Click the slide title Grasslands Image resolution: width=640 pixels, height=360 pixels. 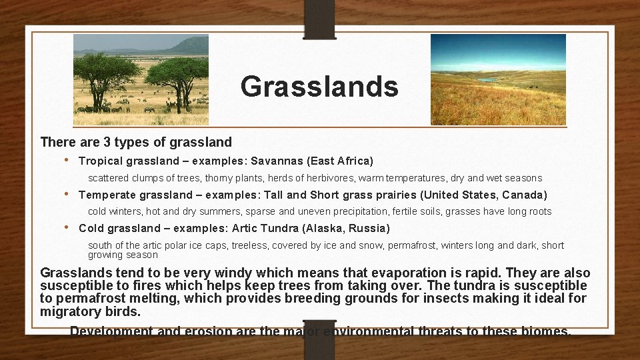[319, 86]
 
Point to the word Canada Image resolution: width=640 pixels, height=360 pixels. [523, 195]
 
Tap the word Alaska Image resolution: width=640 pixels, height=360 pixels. [322, 229]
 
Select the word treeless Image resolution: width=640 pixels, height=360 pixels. [251, 245]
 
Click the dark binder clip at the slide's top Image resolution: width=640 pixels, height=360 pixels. [319, 18]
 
